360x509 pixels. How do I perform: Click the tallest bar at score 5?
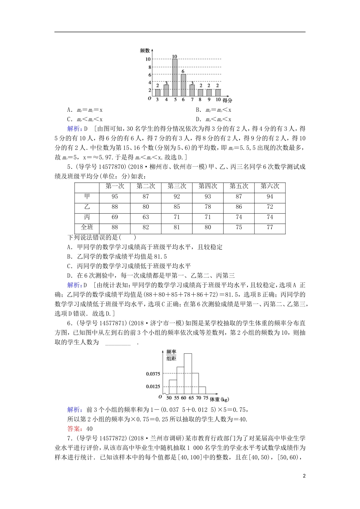point(175,78)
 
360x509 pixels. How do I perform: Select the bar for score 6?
point(183,85)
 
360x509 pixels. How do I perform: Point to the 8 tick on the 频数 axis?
point(149,67)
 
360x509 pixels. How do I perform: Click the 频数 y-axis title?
point(144,50)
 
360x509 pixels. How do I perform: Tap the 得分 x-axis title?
point(227,100)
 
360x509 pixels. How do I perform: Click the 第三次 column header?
point(177,186)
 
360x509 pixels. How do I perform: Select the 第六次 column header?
point(270,186)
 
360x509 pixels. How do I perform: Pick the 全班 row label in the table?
point(87,227)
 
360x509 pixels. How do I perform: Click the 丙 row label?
point(87,217)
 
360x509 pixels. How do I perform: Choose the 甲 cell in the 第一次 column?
point(115,197)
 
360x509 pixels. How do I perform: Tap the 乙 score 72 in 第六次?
point(270,207)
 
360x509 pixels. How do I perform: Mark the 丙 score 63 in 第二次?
point(146,217)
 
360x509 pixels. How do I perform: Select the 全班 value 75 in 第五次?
point(239,227)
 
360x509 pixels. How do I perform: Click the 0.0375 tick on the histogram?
point(153,374)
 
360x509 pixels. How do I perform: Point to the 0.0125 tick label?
point(153,387)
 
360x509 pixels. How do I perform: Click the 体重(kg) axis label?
point(219,399)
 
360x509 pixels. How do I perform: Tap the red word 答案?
point(74,429)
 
